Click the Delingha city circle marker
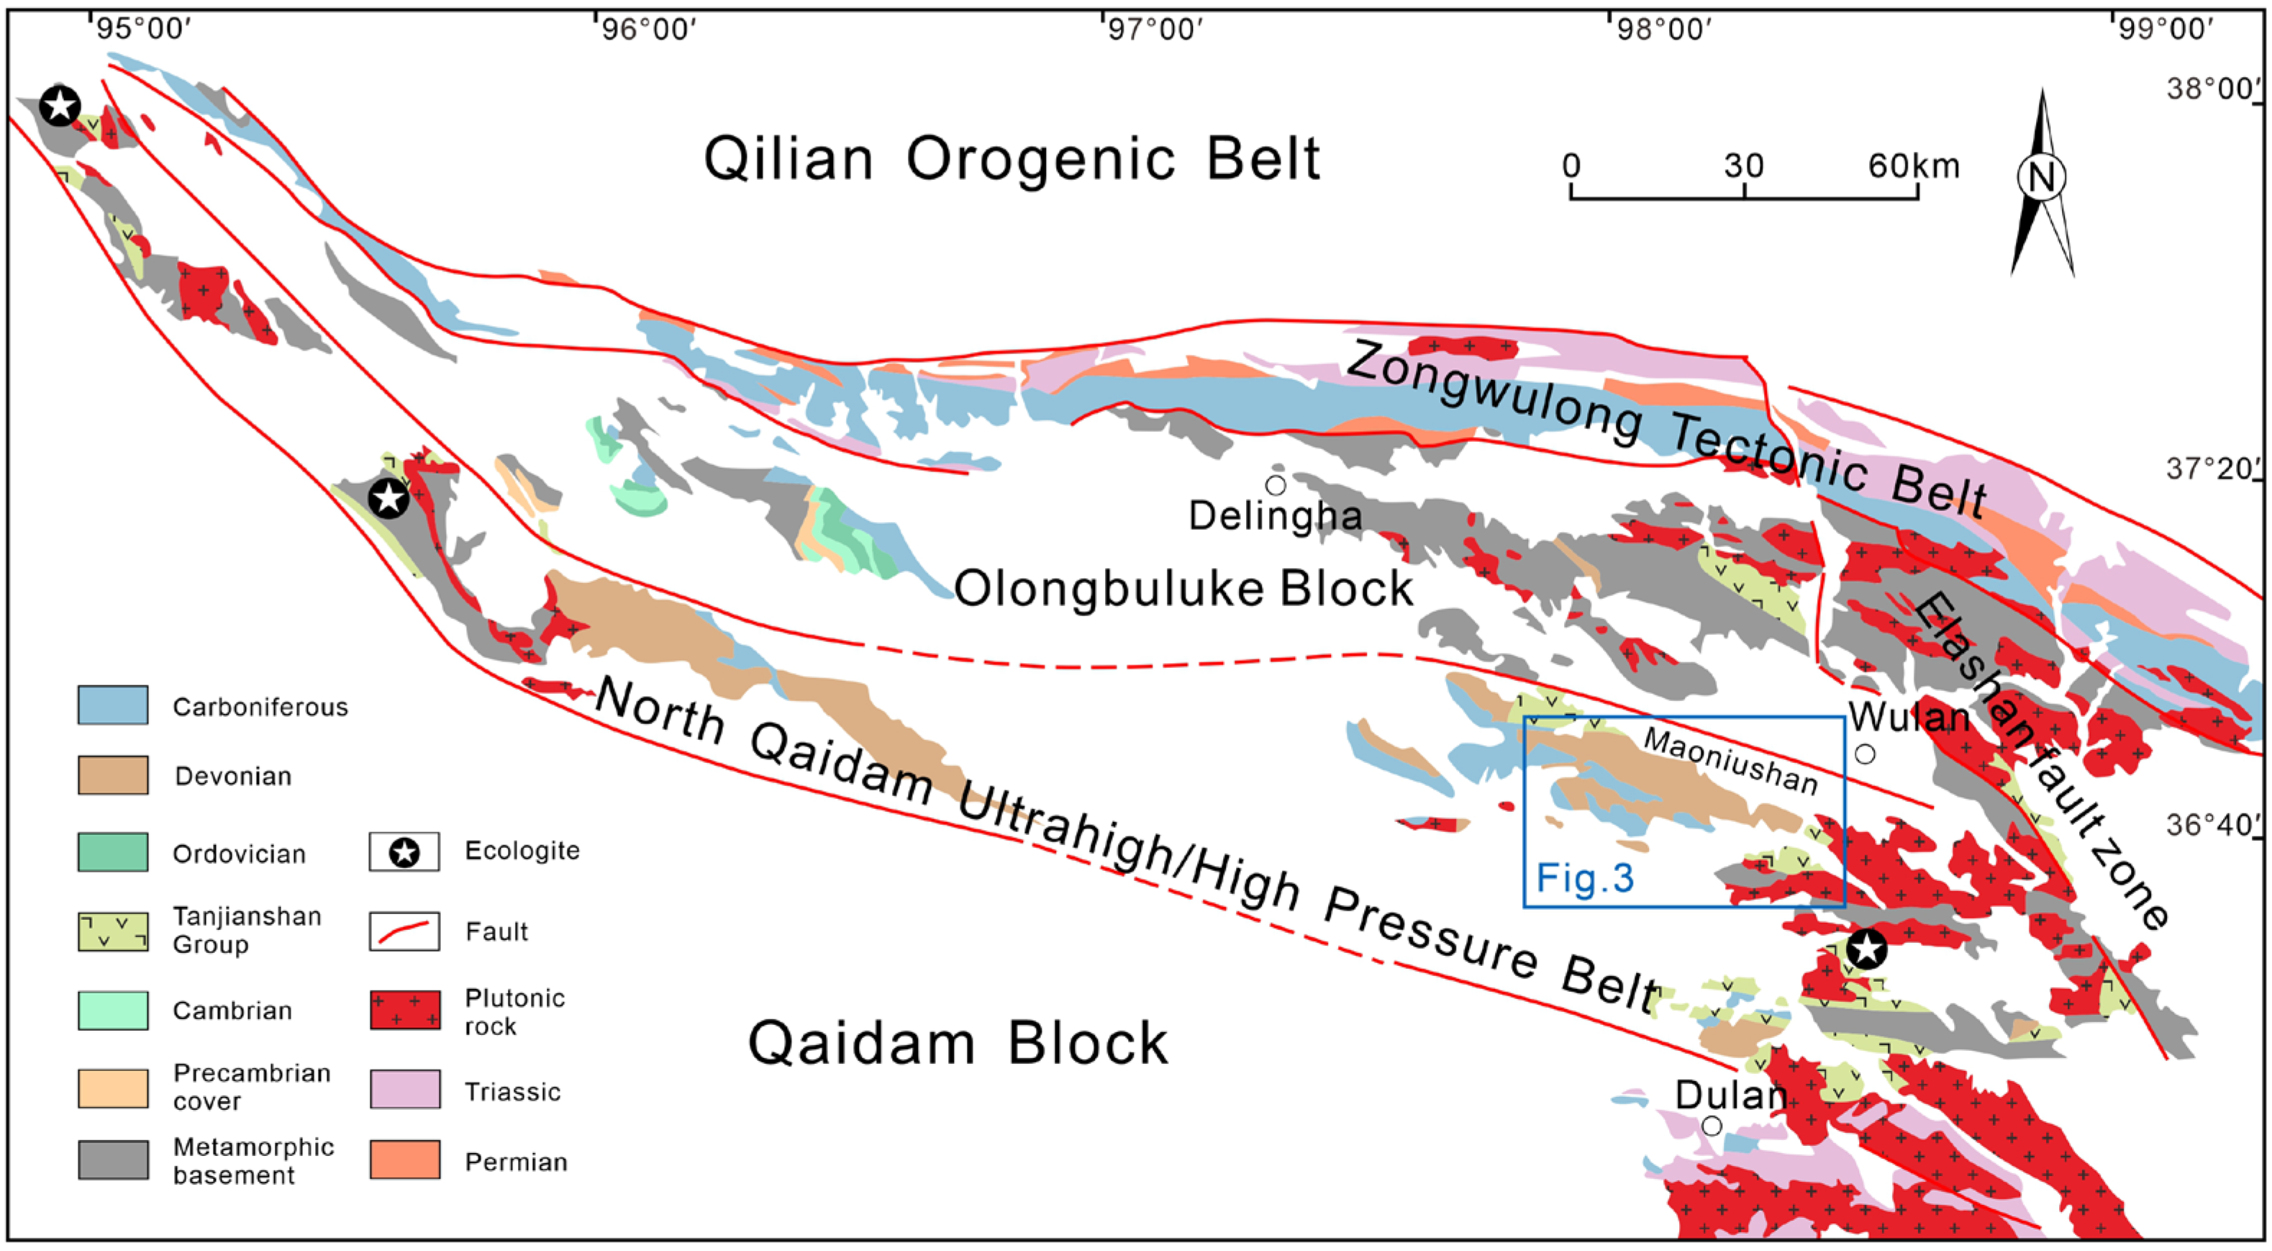tap(1276, 485)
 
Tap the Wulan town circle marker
tap(1865, 754)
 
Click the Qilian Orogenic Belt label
tap(1012, 160)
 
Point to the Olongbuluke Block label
tap(1183, 589)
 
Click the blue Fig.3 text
tap(1585, 878)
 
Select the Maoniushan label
tap(1730, 761)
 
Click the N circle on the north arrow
tap(2042, 176)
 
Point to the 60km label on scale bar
tap(1913, 166)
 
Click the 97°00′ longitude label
tap(1155, 29)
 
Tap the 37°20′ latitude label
tap(2212, 469)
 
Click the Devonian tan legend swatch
tap(113, 774)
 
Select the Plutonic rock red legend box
tap(405, 1009)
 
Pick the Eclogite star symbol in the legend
tap(404, 852)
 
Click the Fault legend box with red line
tap(404, 931)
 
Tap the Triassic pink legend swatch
tap(405, 1090)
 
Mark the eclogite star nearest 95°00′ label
tap(60, 106)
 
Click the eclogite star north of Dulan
tap(1867, 949)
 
